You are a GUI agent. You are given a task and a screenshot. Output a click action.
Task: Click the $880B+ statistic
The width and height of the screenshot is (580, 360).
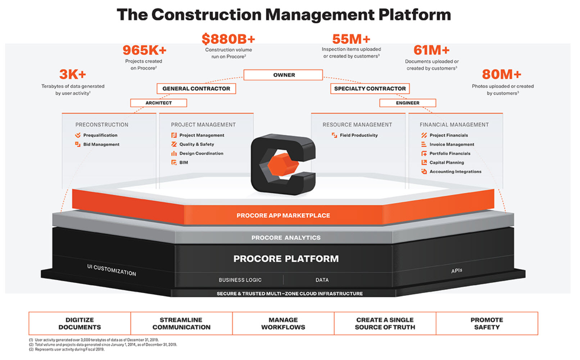[x=228, y=39]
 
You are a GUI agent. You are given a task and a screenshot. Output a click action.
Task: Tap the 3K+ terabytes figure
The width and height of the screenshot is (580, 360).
[x=73, y=74]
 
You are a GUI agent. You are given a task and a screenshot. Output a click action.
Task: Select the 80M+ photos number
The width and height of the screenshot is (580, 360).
[x=502, y=74]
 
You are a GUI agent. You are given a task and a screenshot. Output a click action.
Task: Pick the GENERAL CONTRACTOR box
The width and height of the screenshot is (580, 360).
[x=196, y=88]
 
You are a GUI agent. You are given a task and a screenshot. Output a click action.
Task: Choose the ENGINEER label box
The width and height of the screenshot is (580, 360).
[x=407, y=103]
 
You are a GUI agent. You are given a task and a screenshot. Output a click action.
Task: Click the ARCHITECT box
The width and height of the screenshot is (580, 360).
[x=158, y=103]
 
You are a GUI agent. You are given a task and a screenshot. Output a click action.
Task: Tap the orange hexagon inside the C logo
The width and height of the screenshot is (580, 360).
[x=283, y=165]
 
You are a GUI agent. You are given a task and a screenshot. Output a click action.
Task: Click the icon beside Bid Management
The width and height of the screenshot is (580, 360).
[x=78, y=144]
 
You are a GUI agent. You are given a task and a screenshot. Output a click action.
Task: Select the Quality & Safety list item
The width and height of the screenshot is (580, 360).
[x=196, y=144]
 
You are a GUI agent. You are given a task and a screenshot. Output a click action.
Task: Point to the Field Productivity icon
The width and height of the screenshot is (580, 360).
[x=334, y=135]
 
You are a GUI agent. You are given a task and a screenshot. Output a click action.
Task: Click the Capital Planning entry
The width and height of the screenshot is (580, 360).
[x=447, y=163]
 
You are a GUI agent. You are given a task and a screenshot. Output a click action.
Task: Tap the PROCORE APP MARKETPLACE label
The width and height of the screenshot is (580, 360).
[x=283, y=215]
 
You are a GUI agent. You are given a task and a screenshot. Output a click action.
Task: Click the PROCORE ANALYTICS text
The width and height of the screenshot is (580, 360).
[x=286, y=238]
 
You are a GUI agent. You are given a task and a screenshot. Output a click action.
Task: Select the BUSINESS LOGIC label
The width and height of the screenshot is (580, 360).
[x=240, y=280]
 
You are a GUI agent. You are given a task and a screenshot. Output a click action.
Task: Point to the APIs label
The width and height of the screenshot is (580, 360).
[x=457, y=270]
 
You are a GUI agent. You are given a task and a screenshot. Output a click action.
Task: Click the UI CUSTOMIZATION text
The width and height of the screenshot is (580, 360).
[x=112, y=270]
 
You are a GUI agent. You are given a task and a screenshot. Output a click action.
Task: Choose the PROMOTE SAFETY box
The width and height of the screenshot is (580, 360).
[x=486, y=323]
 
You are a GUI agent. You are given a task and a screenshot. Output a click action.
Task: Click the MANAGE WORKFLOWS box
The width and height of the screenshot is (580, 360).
[x=283, y=323]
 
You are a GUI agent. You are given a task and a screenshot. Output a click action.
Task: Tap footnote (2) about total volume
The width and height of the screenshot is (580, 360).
[x=103, y=345]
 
